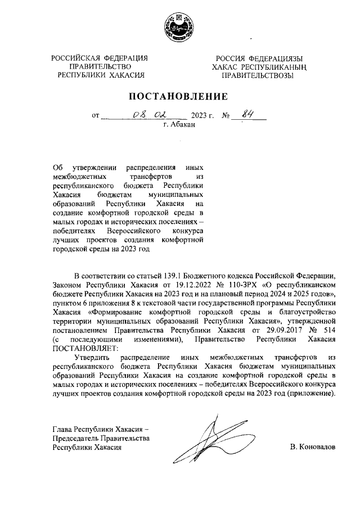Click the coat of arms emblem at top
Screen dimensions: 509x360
pyautogui.click(x=180, y=26)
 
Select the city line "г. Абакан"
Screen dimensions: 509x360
pyautogui.click(x=179, y=125)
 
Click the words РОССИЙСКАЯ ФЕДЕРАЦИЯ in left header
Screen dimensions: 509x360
pyautogui.click(x=100, y=58)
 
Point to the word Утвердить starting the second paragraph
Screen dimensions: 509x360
pyautogui.click(x=93, y=357)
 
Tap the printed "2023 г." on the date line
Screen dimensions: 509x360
pyautogui.click(x=203, y=116)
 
